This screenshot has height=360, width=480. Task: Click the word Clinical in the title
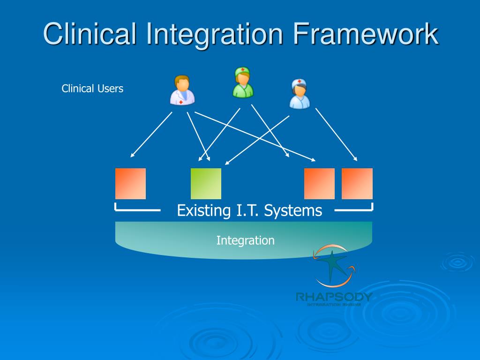89,35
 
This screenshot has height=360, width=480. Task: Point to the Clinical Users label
92,89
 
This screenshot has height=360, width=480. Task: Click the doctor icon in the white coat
182,90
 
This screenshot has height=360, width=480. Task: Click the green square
206,184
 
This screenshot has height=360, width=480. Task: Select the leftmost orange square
130,184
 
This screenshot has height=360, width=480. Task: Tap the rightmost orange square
357,184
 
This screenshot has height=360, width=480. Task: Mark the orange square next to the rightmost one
319,184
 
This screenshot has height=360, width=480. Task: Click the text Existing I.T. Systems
249,210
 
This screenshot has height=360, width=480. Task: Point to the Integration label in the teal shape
245,240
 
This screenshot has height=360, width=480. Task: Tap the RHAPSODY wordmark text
334,297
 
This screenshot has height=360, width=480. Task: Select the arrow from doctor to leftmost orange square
151,135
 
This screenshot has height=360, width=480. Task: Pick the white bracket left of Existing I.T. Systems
136,210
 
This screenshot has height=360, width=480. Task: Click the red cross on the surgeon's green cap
243,70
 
